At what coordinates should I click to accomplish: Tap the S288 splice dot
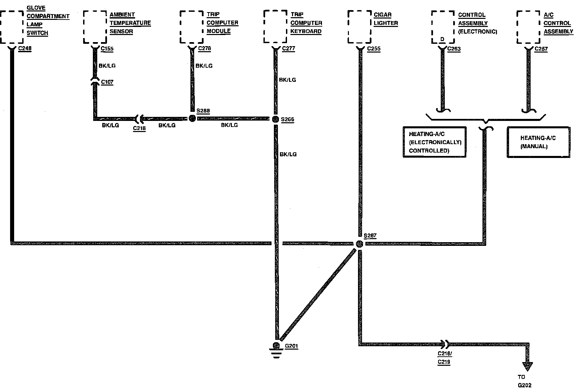pyautogui.click(x=192, y=118)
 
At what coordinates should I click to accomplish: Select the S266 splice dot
pyautogui.click(x=275, y=119)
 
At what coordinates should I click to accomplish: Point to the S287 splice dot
pyautogui.click(x=359, y=244)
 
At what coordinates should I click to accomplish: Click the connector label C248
pyautogui.click(x=25, y=48)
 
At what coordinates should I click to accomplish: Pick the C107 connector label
pyautogui.click(x=107, y=82)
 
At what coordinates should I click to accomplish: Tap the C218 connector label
pyautogui.click(x=139, y=128)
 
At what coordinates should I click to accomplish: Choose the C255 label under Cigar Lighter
pyautogui.click(x=374, y=49)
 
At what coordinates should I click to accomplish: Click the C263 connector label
pyautogui.click(x=454, y=49)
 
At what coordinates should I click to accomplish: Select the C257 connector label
pyautogui.click(x=541, y=49)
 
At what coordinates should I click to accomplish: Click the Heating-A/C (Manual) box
pyautogui.click(x=538, y=142)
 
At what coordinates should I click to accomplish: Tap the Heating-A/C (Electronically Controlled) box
pyautogui.click(x=434, y=142)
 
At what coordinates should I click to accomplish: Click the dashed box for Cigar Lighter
pyautogui.click(x=360, y=27)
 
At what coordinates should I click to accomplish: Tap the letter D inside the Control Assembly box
pyautogui.click(x=442, y=39)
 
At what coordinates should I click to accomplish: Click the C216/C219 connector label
pyautogui.click(x=444, y=358)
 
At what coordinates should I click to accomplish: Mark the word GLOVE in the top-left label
pyautogui.click(x=36, y=8)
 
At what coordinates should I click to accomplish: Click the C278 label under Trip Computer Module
pyautogui.click(x=205, y=48)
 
